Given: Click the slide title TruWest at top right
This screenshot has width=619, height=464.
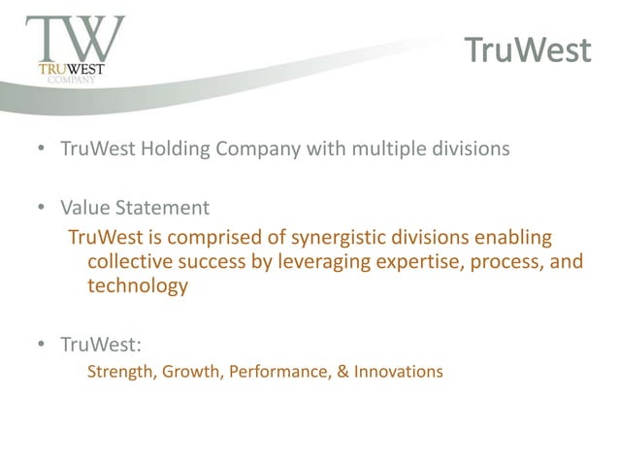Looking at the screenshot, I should pyautogui.click(x=525, y=50).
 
